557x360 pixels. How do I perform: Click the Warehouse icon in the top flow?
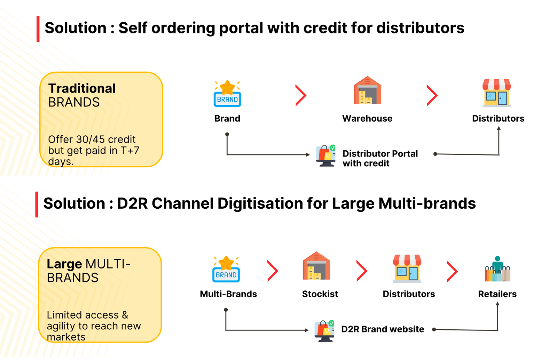(367, 91)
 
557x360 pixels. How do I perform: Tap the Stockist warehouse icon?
(316, 266)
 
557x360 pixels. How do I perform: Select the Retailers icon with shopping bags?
(497, 269)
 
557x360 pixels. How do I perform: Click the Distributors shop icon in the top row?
(497, 93)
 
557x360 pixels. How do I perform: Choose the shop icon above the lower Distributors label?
(407, 269)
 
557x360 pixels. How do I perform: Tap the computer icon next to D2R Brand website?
(324, 331)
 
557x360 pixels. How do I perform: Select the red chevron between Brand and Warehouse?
(301, 95)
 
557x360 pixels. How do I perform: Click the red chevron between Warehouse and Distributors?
(432, 95)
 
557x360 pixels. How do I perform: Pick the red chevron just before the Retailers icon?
(452, 271)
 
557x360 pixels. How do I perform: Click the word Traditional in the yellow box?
(82, 88)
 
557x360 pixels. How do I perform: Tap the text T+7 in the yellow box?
(130, 150)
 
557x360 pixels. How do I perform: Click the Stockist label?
(320, 294)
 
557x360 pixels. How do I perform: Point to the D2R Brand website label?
(383, 329)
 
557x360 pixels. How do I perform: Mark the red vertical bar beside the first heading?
(38, 29)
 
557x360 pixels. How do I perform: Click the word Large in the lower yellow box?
(64, 264)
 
